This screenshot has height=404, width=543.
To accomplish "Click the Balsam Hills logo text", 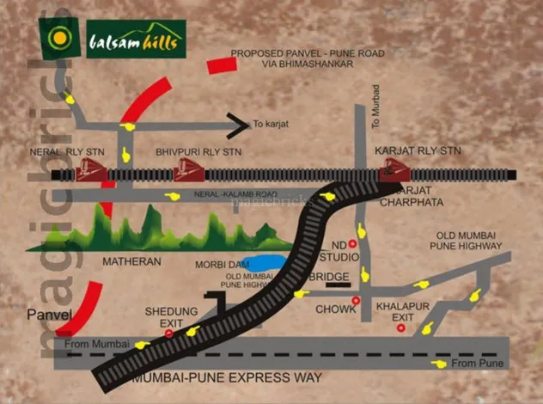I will (x=136, y=40).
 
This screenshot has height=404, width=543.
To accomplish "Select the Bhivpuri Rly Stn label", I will (x=198, y=151).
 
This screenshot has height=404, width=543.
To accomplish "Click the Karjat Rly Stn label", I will (x=418, y=150).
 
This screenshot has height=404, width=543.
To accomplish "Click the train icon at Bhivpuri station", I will (x=188, y=173).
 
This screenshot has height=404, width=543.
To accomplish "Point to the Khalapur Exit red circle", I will (x=398, y=328).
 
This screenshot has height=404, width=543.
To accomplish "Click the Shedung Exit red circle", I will (x=169, y=333).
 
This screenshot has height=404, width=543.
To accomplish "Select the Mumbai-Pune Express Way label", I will (x=226, y=377).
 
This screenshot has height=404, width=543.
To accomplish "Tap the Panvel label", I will (x=48, y=315).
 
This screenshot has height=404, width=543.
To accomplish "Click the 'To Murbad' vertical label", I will (x=375, y=107).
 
